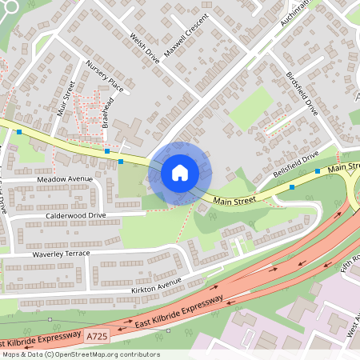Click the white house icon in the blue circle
[179, 173]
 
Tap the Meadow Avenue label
[65, 178]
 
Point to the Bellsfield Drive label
[295, 163]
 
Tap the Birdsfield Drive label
[302, 94]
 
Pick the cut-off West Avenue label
[353, 329]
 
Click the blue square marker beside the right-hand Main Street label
[318, 170]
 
